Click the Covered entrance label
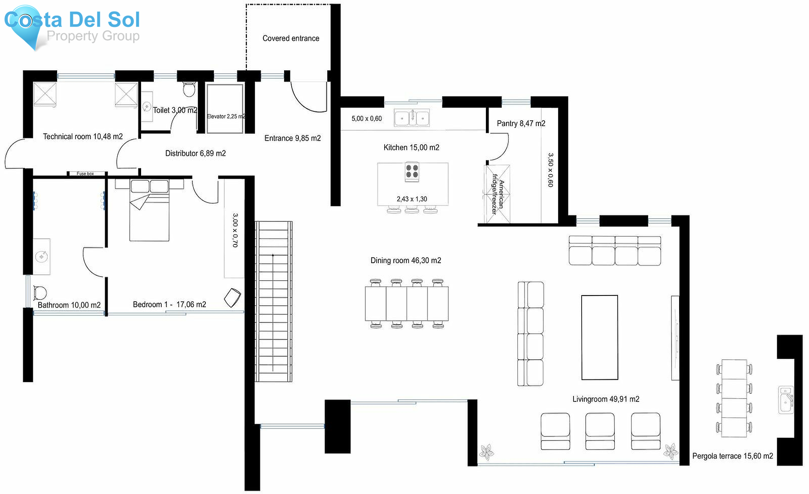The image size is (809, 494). click(x=291, y=39)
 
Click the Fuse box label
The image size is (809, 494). click(x=85, y=174)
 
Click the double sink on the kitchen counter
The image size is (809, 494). click(x=412, y=119)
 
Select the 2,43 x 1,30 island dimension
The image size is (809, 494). click(x=412, y=199)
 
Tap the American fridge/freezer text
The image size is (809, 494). click(x=498, y=194)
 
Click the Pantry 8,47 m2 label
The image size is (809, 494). click(x=521, y=123)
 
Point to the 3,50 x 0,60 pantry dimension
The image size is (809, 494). click(x=550, y=170)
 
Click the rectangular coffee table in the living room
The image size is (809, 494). click(x=600, y=337)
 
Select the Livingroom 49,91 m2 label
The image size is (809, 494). click(x=605, y=399)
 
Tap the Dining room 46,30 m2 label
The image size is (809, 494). click(x=405, y=260)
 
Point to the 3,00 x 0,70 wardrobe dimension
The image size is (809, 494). click(x=235, y=230)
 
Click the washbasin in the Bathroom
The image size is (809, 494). click(x=41, y=257)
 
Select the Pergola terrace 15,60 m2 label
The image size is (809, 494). click(x=732, y=456)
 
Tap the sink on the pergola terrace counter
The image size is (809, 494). click(x=786, y=399)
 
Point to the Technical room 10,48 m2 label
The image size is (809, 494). click(x=83, y=137)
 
